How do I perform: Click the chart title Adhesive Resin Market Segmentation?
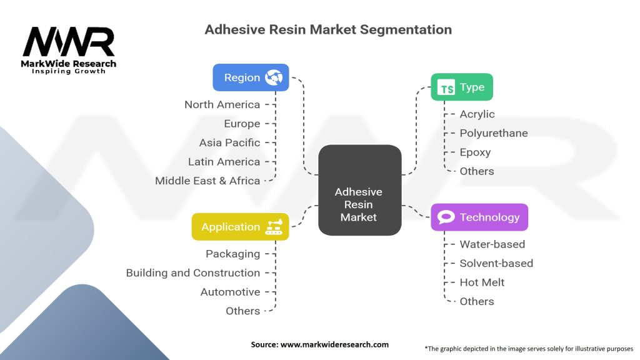click(x=328, y=29)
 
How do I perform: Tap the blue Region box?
click(x=251, y=77)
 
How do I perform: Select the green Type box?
click(x=462, y=87)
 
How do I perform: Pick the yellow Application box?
click(x=241, y=227)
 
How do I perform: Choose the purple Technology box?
click(x=479, y=217)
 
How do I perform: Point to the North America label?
click(x=222, y=104)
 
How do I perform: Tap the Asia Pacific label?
click(x=229, y=142)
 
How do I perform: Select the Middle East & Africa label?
click(x=207, y=181)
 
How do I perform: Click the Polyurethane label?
click(x=494, y=133)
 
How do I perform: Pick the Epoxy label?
click(x=475, y=152)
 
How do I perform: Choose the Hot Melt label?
click(x=482, y=282)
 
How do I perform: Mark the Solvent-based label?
click(x=496, y=263)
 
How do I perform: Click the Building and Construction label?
click(x=193, y=272)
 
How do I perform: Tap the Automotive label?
click(x=230, y=292)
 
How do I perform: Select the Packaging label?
click(x=232, y=254)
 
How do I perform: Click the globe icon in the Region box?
click(x=274, y=77)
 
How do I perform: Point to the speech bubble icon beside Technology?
click(x=446, y=217)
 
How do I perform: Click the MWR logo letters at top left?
click(x=69, y=42)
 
